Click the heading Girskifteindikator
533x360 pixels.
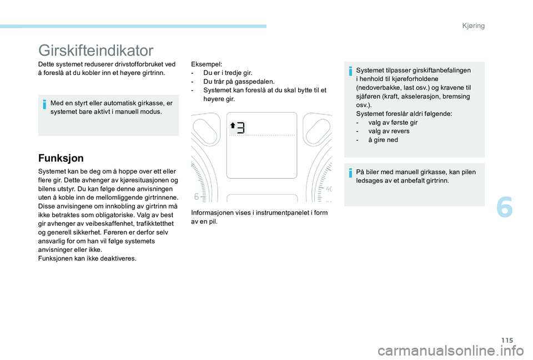click(x=95, y=50)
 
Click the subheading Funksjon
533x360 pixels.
click(x=62, y=158)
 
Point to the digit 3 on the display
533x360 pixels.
click(x=241, y=128)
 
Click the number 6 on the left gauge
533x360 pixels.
click(x=197, y=196)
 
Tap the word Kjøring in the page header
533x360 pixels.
click(x=472, y=26)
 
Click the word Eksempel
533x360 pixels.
click(x=206, y=64)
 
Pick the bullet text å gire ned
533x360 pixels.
click(x=383, y=140)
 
